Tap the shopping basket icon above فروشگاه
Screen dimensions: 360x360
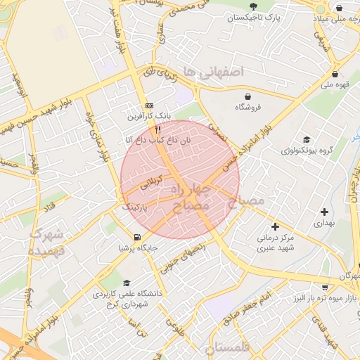247,96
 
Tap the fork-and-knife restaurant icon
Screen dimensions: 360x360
158,130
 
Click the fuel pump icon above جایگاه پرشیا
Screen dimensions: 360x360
136,237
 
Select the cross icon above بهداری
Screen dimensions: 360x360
324,212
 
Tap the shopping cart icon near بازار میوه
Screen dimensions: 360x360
326,287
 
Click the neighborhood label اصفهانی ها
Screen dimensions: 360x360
211,71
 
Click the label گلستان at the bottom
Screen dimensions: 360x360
229,347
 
